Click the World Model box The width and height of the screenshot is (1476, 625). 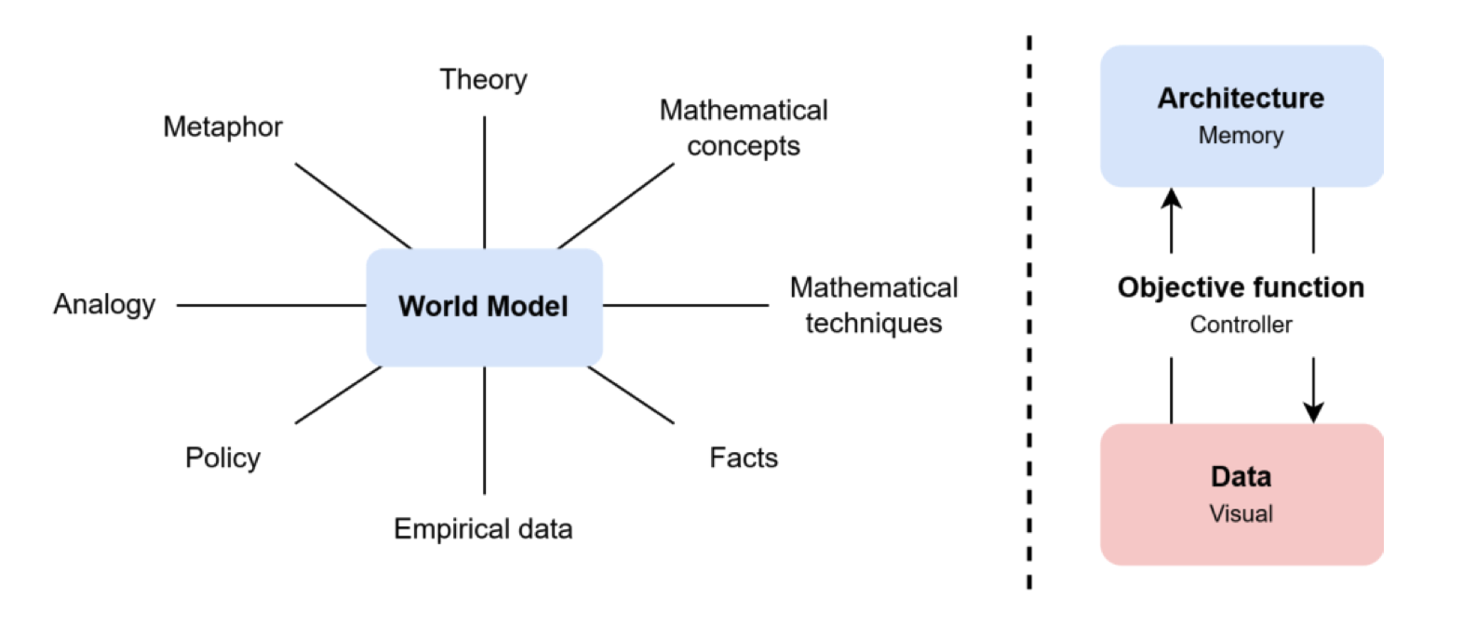pos(484,307)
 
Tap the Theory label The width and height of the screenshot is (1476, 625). pos(483,80)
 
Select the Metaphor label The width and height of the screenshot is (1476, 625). pos(222,126)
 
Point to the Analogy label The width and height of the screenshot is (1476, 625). pos(104,304)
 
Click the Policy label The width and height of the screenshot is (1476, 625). pos(222,458)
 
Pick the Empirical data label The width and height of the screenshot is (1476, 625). pos(483,528)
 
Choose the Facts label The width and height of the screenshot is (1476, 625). pos(744,458)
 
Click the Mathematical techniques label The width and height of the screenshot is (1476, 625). pos(874,305)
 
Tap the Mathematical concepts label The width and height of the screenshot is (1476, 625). pos(744,127)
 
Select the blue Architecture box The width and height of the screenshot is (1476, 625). pos(1241,115)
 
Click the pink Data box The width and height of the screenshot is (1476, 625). pos(1241,494)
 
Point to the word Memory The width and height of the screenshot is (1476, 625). pos(1241,136)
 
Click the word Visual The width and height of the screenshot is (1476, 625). pos(1241,513)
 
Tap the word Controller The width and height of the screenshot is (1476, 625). pos(1241,325)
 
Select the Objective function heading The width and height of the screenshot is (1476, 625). pos(1241,287)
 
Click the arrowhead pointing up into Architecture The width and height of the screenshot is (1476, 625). pos(1172,198)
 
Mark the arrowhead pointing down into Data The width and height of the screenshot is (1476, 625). pos(1313,412)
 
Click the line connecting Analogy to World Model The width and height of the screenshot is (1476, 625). pos(270,305)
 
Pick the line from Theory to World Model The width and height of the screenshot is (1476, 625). pos(484,181)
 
